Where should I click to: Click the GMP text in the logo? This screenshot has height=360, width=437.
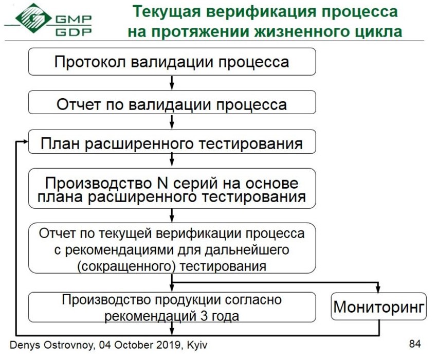(74, 19)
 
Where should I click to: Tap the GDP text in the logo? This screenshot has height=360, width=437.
(74, 32)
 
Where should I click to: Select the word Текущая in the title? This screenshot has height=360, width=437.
(167, 12)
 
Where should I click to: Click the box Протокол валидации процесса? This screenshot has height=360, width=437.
(172, 62)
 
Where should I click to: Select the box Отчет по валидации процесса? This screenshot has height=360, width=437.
(172, 102)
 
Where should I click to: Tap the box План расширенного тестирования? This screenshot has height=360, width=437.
(172, 141)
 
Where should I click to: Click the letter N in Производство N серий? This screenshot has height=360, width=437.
(162, 184)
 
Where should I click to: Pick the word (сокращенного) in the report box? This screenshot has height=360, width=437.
(126, 266)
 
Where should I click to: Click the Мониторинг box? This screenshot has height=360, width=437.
(378, 306)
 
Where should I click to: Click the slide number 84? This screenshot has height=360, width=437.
(415, 344)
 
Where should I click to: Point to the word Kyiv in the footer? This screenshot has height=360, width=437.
(197, 345)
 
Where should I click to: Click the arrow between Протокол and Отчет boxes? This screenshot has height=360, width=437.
(172, 83)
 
